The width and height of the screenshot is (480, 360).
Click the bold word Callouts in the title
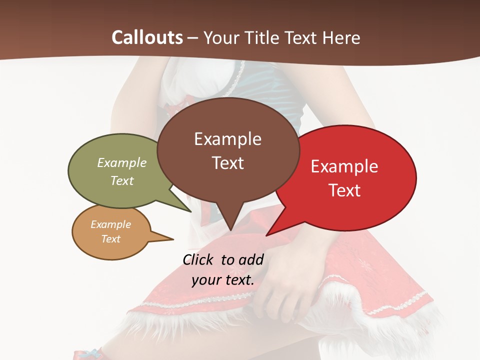click(x=147, y=37)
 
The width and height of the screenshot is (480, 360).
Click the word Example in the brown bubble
click(x=227, y=139)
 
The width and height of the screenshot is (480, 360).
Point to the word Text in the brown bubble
click(x=227, y=163)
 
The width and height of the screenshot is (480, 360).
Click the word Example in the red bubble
click(x=344, y=166)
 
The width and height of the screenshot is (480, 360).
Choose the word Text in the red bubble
click(x=344, y=190)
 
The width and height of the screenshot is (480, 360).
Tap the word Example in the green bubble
click(x=122, y=163)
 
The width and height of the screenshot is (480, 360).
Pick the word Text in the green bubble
click(x=122, y=180)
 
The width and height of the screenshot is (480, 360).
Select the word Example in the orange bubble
click(x=110, y=224)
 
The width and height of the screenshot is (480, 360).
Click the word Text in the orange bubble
click(x=110, y=239)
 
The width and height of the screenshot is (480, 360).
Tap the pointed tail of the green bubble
click(x=190, y=211)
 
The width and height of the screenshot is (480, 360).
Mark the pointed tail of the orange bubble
click(x=172, y=239)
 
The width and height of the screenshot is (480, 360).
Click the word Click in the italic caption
click(x=198, y=259)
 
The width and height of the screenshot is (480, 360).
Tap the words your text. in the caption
click(x=222, y=280)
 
